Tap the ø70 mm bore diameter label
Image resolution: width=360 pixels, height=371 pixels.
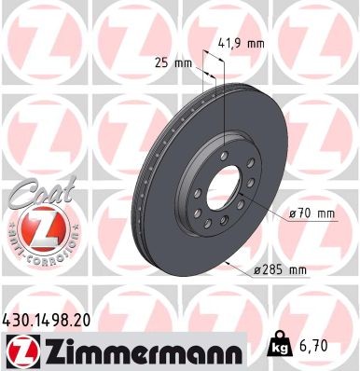tap(312, 214)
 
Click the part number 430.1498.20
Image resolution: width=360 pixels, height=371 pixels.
tap(55, 318)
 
